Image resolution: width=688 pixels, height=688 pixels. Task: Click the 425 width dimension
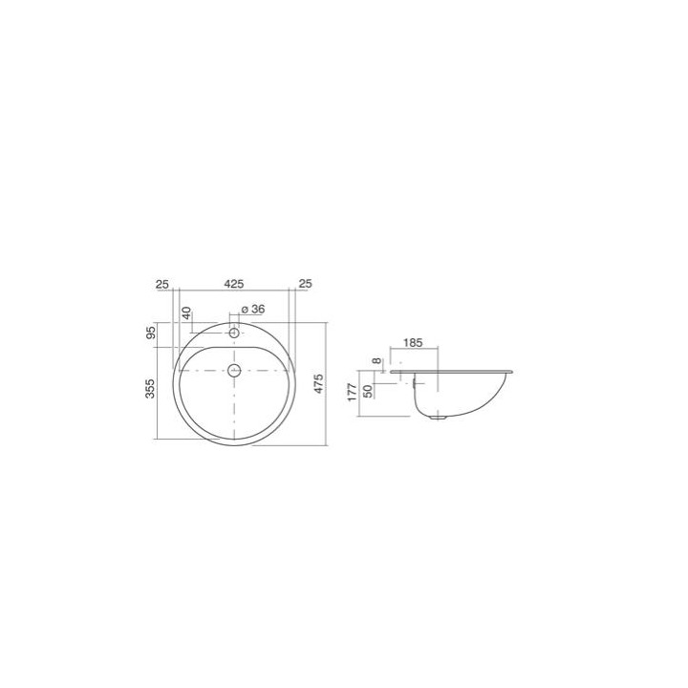click(x=234, y=283)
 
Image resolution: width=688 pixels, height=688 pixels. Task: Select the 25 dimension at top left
click(x=161, y=283)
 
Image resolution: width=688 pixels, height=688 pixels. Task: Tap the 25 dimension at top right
click(x=305, y=283)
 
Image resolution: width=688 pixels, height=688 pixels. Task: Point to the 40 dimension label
click(x=186, y=313)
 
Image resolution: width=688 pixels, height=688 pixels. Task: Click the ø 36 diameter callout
click(x=252, y=309)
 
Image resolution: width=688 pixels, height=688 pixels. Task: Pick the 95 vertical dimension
click(x=151, y=333)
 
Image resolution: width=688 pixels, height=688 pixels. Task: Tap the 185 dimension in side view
click(x=414, y=342)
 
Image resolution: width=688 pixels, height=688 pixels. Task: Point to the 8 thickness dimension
click(x=377, y=362)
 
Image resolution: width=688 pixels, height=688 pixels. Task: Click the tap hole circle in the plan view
click(x=234, y=333)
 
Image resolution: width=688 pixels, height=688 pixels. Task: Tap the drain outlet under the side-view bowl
click(x=440, y=418)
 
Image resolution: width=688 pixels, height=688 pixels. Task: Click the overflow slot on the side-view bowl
click(x=414, y=385)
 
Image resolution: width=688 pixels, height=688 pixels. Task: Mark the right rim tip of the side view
click(x=513, y=371)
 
